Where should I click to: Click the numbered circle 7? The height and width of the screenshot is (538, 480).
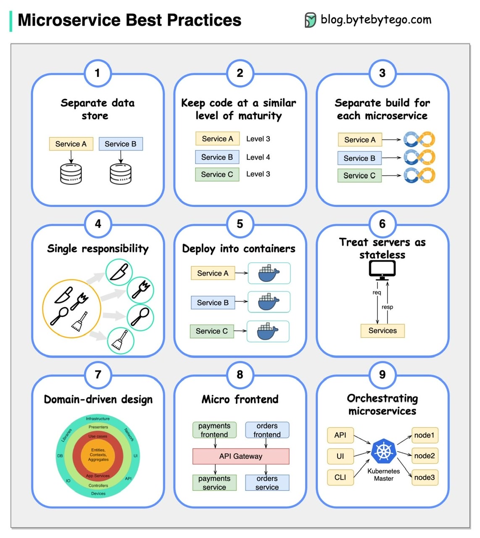pos(98,374)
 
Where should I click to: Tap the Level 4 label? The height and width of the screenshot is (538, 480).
pos(258,157)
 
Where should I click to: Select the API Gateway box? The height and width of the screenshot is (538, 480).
pos(240,456)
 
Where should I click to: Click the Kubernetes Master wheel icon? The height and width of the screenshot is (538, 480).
pos(383,451)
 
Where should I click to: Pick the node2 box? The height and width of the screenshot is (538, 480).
pos(425,456)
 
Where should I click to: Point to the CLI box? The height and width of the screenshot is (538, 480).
pos(340,477)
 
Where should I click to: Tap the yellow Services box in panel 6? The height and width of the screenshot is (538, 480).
pos(382,331)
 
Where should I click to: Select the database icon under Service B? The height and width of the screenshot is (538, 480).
pos(121,174)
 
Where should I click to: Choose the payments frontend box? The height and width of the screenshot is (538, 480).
pos(214,430)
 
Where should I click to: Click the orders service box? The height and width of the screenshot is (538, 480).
pos(267,483)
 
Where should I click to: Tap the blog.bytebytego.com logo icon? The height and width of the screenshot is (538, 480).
pos(310,20)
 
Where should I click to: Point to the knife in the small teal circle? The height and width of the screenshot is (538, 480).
pos(119,272)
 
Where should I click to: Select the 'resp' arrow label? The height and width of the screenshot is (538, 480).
pos(387,307)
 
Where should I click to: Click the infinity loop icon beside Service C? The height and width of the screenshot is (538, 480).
pos(419,175)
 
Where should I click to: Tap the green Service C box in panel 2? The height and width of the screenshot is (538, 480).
pos(217,174)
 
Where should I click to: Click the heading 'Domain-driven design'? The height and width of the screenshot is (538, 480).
pos(98,399)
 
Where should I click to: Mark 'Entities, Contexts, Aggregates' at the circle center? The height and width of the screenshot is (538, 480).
pos(98,455)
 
